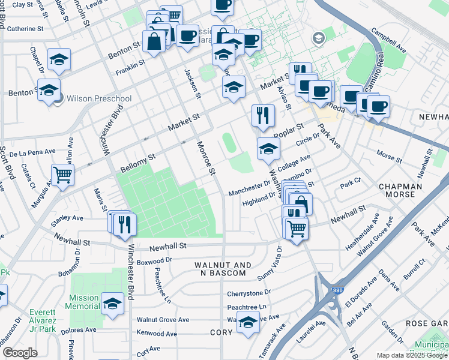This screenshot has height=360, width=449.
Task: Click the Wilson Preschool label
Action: [98, 98]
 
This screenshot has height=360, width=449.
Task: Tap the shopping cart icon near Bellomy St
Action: [62, 175]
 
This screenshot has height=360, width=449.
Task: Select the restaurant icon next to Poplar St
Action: [263, 116]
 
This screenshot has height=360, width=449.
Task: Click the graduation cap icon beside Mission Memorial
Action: [112, 304]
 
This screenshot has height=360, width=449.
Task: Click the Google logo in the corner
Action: [20, 353]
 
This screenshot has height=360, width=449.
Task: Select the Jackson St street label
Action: [193, 80]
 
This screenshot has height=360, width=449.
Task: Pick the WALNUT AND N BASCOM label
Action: [220, 269]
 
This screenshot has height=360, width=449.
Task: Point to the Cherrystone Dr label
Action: [249, 293]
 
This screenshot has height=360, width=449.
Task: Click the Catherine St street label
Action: [26, 28]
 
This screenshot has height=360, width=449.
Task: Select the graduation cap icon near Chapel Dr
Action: [59, 59]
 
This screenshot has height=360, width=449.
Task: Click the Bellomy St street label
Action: [138, 160]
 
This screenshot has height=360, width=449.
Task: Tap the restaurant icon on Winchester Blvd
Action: [125, 223]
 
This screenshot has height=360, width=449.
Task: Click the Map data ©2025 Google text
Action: [412, 355]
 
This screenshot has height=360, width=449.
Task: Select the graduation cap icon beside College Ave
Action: [268, 149]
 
